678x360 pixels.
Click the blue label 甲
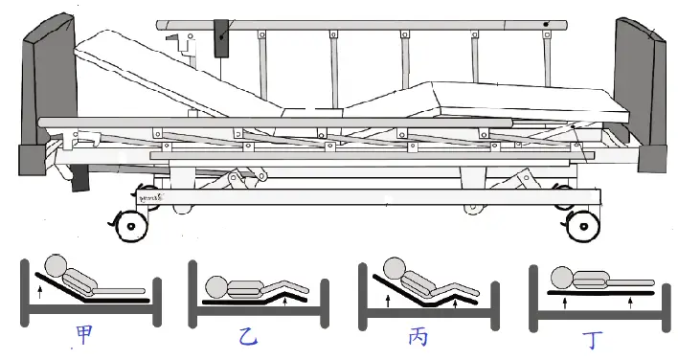pos(84,334)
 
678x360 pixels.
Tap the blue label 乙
pos(248,338)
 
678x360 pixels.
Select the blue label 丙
pos(418,336)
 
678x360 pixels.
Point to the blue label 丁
pos(592,340)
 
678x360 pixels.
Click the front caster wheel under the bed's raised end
pos(130,226)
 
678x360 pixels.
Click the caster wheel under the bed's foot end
pos(583,226)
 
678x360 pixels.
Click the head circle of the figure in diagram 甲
pos(56,266)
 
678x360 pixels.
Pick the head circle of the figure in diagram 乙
pos(216,287)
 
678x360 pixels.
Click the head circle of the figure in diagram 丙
pos(395,268)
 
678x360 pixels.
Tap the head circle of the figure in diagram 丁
pos(562,278)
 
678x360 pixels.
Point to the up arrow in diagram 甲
pos(40,292)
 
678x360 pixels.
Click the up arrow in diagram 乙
pos(284,300)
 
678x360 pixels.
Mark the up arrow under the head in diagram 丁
pos(565,303)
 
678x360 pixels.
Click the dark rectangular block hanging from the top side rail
pos(221,38)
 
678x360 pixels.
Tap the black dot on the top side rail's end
pos(546,25)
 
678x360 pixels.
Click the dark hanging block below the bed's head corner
pos(79,177)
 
